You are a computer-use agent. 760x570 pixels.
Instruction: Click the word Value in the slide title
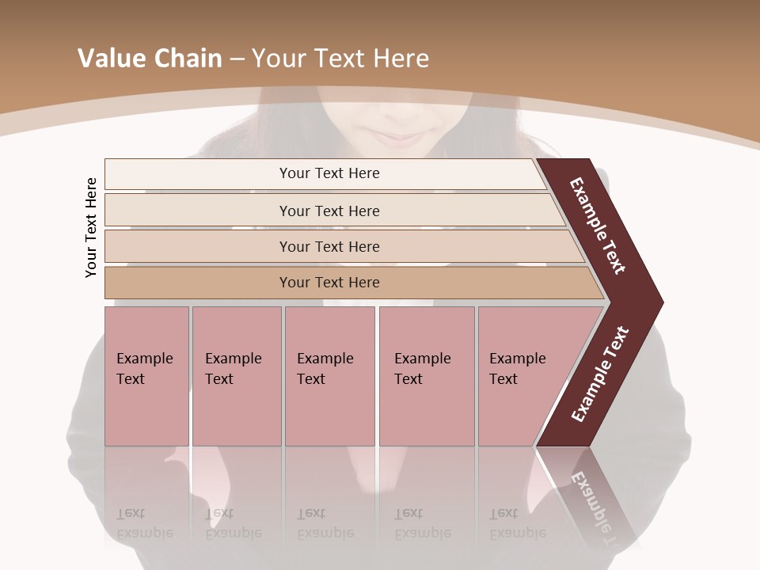[x=110, y=59]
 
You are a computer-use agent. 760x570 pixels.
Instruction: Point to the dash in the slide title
[x=236, y=59]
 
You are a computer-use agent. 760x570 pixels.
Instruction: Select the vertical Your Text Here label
[x=91, y=227]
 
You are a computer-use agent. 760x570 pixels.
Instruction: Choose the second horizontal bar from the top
[x=329, y=211]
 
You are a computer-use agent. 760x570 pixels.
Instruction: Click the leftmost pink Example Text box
[x=146, y=375]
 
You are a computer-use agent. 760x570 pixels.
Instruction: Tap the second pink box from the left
[x=236, y=375]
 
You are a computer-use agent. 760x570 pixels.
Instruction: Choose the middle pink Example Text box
[x=329, y=375]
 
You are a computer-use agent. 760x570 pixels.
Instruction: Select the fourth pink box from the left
[x=426, y=375]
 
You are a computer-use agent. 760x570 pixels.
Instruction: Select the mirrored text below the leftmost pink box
[x=145, y=523]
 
